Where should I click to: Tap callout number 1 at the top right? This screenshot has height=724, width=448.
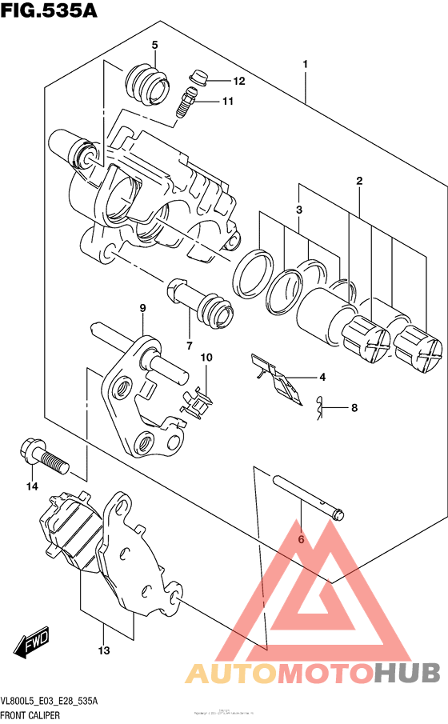click(x=306, y=63)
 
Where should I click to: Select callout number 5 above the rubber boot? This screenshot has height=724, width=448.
click(x=154, y=45)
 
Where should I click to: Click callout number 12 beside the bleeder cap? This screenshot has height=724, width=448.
click(x=238, y=82)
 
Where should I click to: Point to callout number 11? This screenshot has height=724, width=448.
click(x=228, y=102)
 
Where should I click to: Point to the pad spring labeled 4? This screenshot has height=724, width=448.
click(x=276, y=378)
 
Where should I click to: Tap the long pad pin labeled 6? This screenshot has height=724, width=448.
click(x=308, y=495)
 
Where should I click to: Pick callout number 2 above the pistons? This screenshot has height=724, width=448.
click(x=360, y=182)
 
